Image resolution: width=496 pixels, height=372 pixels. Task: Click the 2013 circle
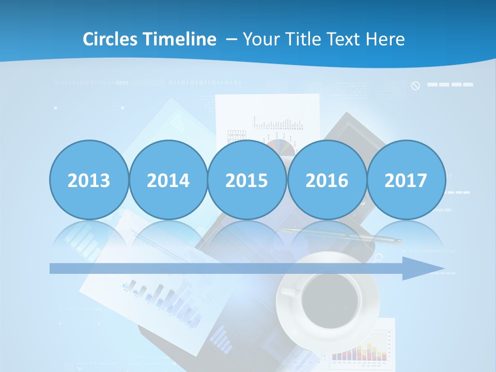pyautogui.click(x=89, y=180)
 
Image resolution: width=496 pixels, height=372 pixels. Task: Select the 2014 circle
pyautogui.click(x=168, y=180)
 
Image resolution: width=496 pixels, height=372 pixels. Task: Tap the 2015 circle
pyautogui.click(x=247, y=180)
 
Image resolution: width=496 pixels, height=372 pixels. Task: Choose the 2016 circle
pyautogui.click(x=327, y=180)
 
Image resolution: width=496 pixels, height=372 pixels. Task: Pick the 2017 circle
pyautogui.click(x=406, y=180)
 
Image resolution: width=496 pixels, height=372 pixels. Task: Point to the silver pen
pyautogui.click(x=341, y=236)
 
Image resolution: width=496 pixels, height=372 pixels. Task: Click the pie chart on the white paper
pyautogui.click(x=283, y=147)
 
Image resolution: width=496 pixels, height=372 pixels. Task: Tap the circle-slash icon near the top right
pyautogui.click(x=415, y=85)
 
